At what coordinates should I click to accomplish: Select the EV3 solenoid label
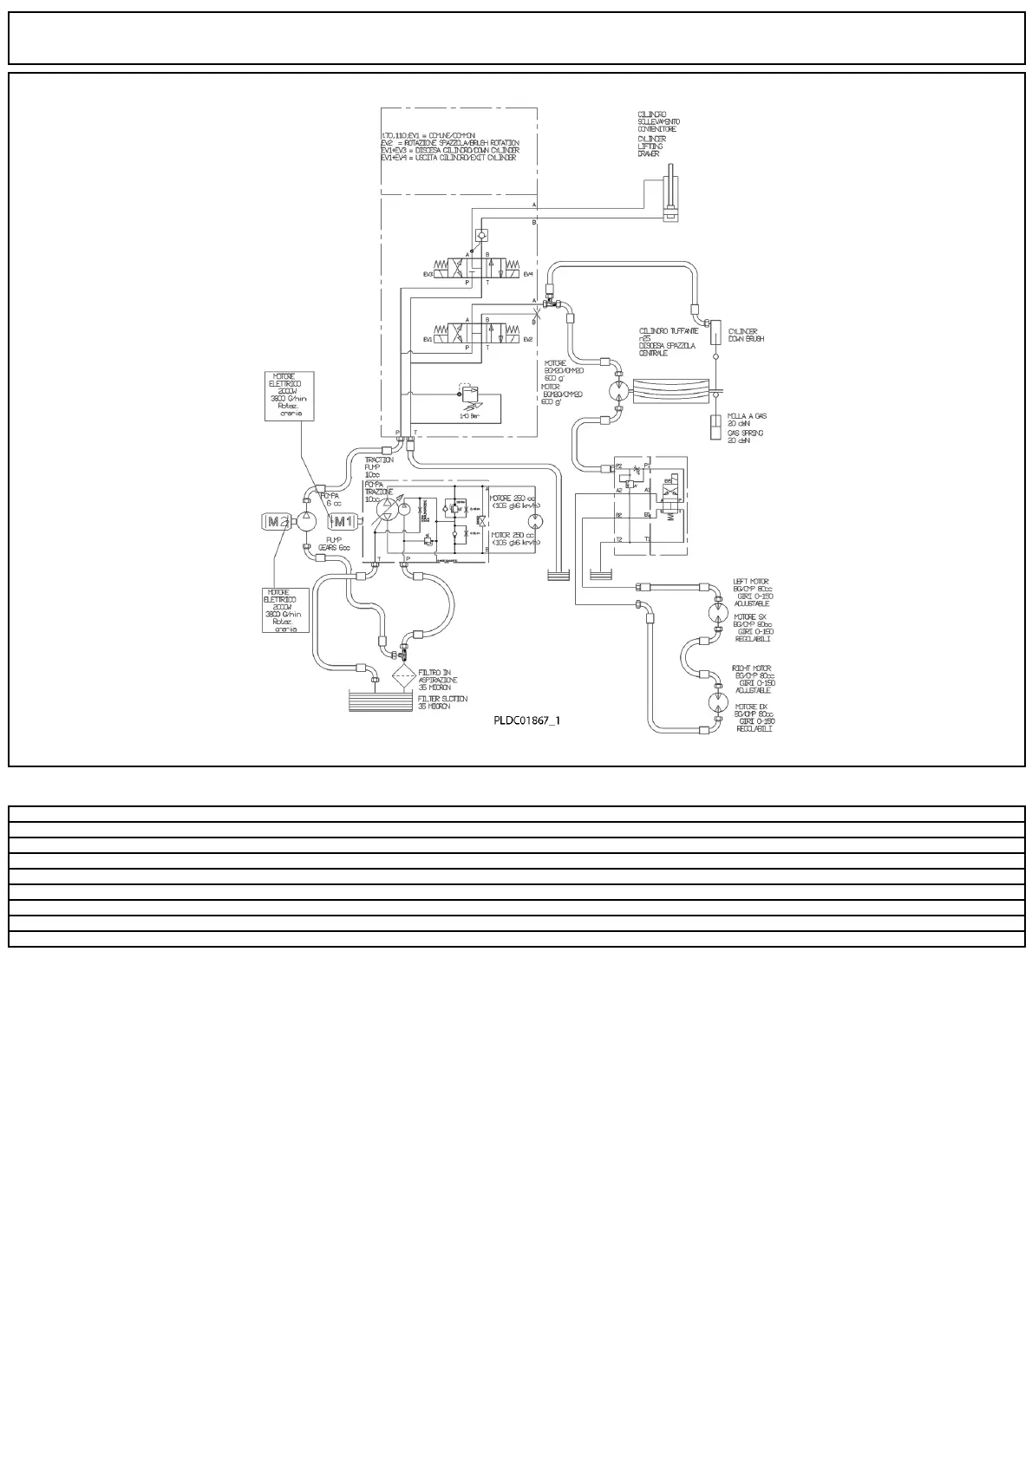tap(428, 274)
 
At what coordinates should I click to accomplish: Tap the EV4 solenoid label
tap(528, 274)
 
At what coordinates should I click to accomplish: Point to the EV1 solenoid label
tap(428, 339)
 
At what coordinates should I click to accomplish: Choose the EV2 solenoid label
tap(528, 339)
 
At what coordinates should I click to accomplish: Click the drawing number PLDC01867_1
tap(527, 720)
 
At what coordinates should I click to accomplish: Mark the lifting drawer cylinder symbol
tap(671, 199)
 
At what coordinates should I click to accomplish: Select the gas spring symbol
tap(716, 427)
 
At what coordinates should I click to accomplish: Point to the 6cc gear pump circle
tap(307, 521)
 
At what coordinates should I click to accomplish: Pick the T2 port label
tap(619, 539)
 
